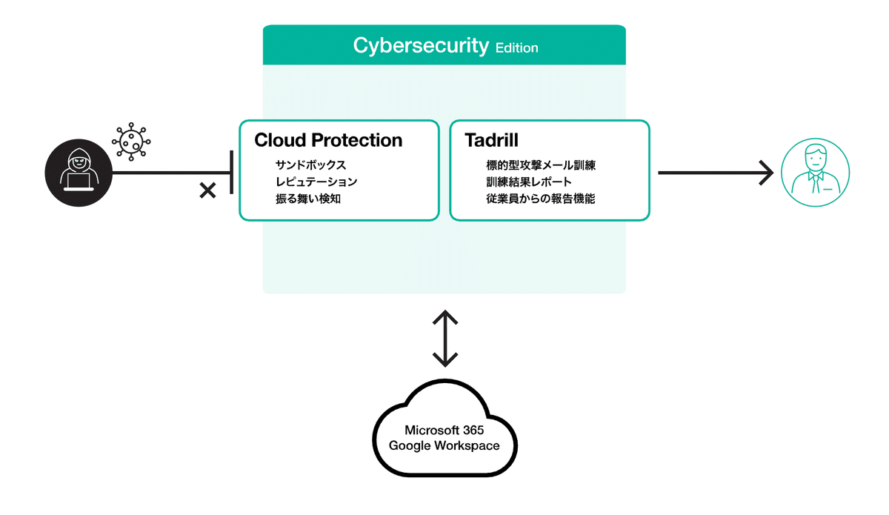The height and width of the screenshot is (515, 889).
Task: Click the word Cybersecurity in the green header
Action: point(421,46)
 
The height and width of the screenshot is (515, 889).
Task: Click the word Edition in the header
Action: point(517,47)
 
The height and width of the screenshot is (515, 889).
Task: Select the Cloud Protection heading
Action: point(328,140)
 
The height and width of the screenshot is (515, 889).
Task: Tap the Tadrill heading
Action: point(491,140)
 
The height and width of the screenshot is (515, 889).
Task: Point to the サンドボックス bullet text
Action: point(310,165)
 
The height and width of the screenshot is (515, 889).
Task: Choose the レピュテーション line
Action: point(316,182)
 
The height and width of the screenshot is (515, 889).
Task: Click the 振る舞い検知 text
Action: point(307,199)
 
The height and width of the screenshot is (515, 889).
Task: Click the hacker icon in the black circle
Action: point(78,173)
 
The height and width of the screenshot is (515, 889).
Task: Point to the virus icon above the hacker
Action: point(132,141)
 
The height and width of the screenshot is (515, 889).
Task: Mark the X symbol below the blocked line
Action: point(208,191)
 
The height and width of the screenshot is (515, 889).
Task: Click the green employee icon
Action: point(815,173)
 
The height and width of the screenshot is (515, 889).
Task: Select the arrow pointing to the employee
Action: point(715,173)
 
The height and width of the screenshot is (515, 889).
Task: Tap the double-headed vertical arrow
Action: point(444,339)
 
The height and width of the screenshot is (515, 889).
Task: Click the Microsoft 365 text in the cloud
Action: point(444,431)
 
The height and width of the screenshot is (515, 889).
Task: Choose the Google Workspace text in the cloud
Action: point(444,446)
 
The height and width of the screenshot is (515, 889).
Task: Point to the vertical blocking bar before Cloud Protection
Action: point(232,172)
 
